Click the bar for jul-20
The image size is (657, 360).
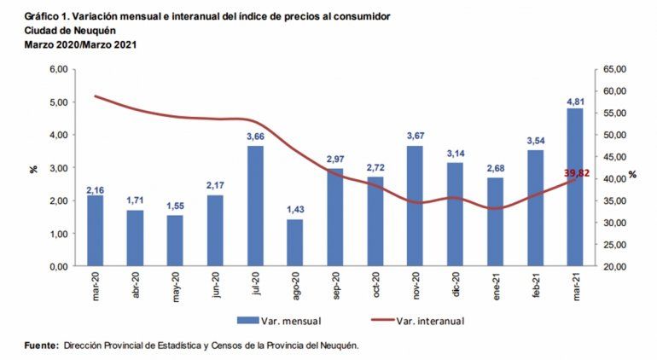pyautogui.click(x=255, y=206)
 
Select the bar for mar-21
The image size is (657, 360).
pyautogui.click(x=574, y=187)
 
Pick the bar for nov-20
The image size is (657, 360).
pyautogui.click(x=415, y=206)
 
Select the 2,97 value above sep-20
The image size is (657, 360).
pyautogui.click(x=335, y=160)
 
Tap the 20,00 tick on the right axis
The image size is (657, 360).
pyautogui.click(x=615, y=266)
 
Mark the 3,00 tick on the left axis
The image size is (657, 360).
pyautogui.click(x=56, y=168)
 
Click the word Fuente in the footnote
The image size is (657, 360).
pyautogui.click(x=40, y=345)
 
